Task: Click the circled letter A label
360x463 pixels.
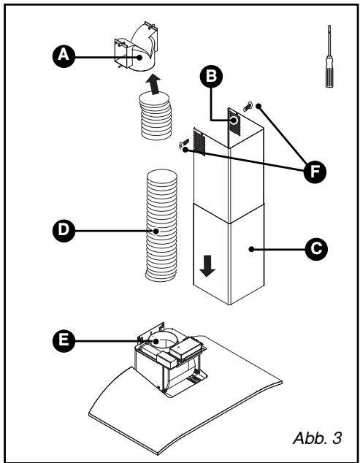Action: pos(64,56)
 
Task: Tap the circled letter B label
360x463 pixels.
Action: pos(211,77)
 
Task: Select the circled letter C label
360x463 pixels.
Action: pos(316,249)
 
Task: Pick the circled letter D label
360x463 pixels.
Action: pos(64,231)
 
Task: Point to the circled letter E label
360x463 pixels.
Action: pos(64,341)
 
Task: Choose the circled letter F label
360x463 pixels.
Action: pos(315,172)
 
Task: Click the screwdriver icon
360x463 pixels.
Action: pos(329,56)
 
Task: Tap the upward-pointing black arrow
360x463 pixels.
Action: pos(153,84)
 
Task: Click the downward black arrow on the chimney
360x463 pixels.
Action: pos(207,266)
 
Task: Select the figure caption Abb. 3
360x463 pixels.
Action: pos(318,437)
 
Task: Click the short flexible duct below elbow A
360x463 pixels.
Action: pos(155,115)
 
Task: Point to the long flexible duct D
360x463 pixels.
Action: pos(161,226)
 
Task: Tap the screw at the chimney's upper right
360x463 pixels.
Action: pos(248,107)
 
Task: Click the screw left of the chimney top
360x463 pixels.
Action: pos(184,143)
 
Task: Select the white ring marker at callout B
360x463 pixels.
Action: pos(234,120)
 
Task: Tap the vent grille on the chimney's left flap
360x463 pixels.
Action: pos(199,143)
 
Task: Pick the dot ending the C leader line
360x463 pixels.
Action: pos(251,249)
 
